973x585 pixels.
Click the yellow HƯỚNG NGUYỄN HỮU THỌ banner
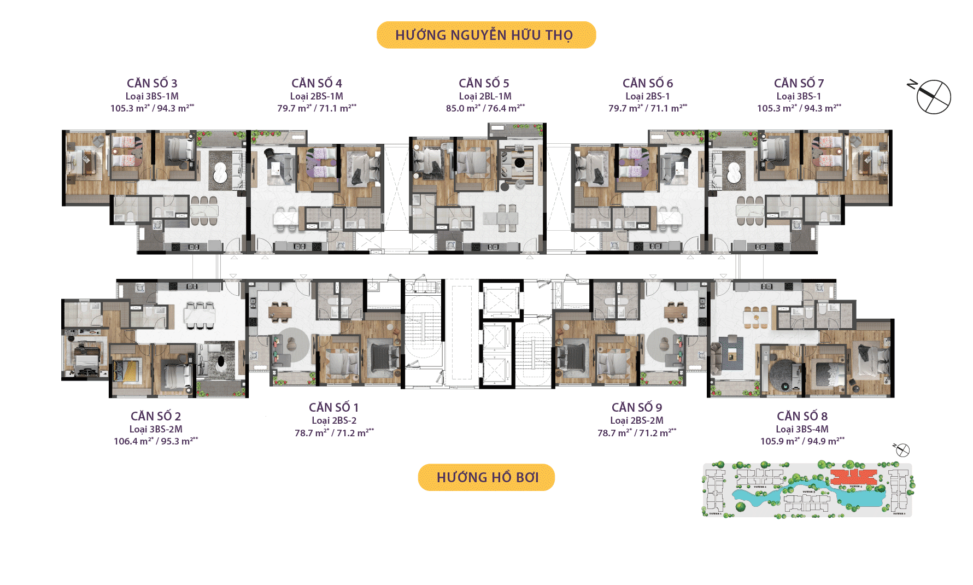(x=486, y=35)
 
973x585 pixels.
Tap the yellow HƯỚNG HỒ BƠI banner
(x=486, y=477)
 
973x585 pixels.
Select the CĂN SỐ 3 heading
(x=152, y=83)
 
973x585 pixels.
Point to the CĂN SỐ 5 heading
(x=484, y=83)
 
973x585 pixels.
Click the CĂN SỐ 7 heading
(x=799, y=83)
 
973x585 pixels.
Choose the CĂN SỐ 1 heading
(x=333, y=407)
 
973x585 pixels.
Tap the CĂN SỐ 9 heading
(x=637, y=407)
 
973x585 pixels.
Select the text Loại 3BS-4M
(x=802, y=429)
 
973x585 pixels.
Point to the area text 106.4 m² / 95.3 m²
(x=155, y=441)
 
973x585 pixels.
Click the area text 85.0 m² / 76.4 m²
(x=485, y=108)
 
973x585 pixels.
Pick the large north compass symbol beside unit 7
(x=934, y=97)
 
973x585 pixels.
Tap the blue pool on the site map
(x=765, y=498)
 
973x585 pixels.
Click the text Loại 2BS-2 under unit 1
(x=334, y=420)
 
